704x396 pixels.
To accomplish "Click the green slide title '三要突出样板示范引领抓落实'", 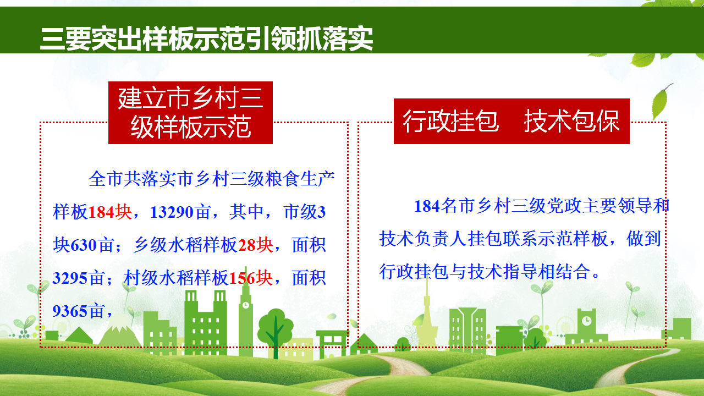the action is [x=206, y=39].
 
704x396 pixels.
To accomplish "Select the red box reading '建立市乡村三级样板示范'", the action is [x=190, y=113].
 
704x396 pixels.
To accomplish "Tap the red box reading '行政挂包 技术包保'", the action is [x=512, y=121].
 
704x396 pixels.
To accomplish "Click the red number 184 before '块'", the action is [x=101, y=212].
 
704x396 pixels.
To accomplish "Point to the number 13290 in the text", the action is [x=171, y=212].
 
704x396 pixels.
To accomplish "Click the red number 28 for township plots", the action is [x=247, y=245].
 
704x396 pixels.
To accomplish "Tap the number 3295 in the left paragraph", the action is [x=70, y=278].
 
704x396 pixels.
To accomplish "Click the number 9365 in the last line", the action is [x=70, y=311].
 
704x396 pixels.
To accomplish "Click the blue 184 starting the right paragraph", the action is [x=427, y=206].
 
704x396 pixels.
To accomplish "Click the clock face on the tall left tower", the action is [x=246, y=305].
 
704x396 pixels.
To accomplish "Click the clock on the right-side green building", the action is [x=586, y=321].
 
